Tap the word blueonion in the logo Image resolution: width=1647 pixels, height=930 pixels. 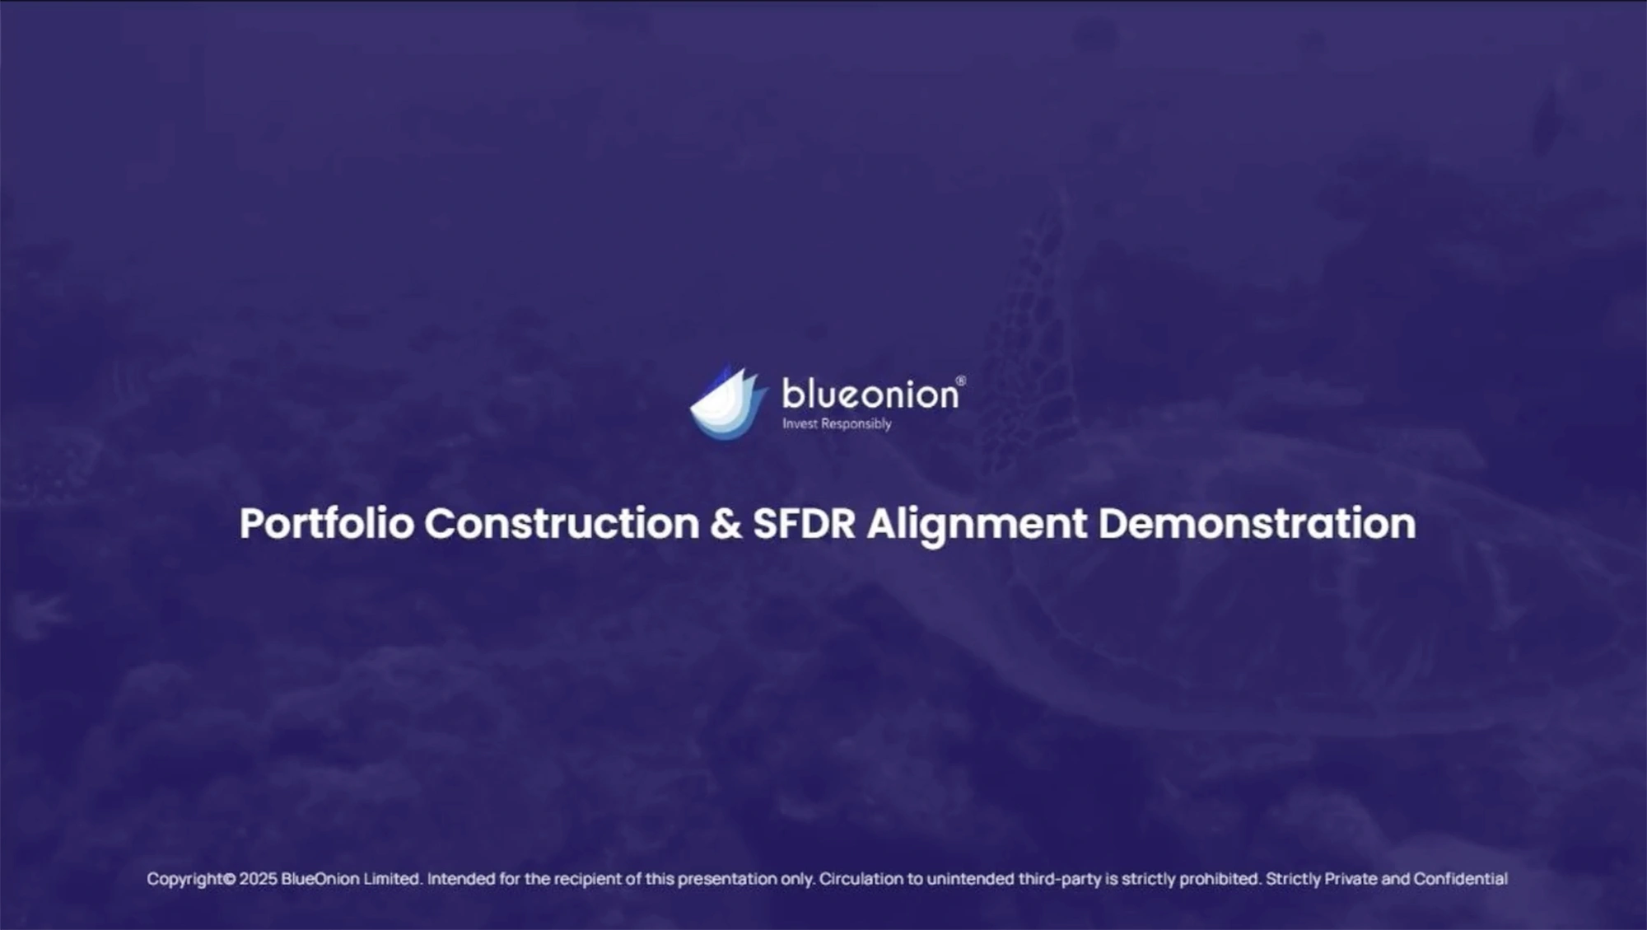pos(870,394)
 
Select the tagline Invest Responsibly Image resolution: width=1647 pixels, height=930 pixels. pos(837,423)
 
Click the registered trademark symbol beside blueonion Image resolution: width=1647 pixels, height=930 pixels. pos(960,381)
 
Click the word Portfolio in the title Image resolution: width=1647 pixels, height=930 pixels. pos(327,523)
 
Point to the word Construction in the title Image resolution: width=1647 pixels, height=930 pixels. pos(562,523)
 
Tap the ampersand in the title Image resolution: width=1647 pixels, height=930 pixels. pos(726,524)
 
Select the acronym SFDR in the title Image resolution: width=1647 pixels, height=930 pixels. pos(804,524)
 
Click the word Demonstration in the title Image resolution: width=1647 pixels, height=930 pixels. pos(1257,523)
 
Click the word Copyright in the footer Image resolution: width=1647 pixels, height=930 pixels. pos(186,879)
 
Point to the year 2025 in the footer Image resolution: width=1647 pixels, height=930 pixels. pos(259,879)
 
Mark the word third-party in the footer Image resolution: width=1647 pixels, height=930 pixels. pos(1060,879)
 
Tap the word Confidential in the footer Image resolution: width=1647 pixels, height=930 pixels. pos(1461,879)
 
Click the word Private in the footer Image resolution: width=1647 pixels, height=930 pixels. pos(1351,879)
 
